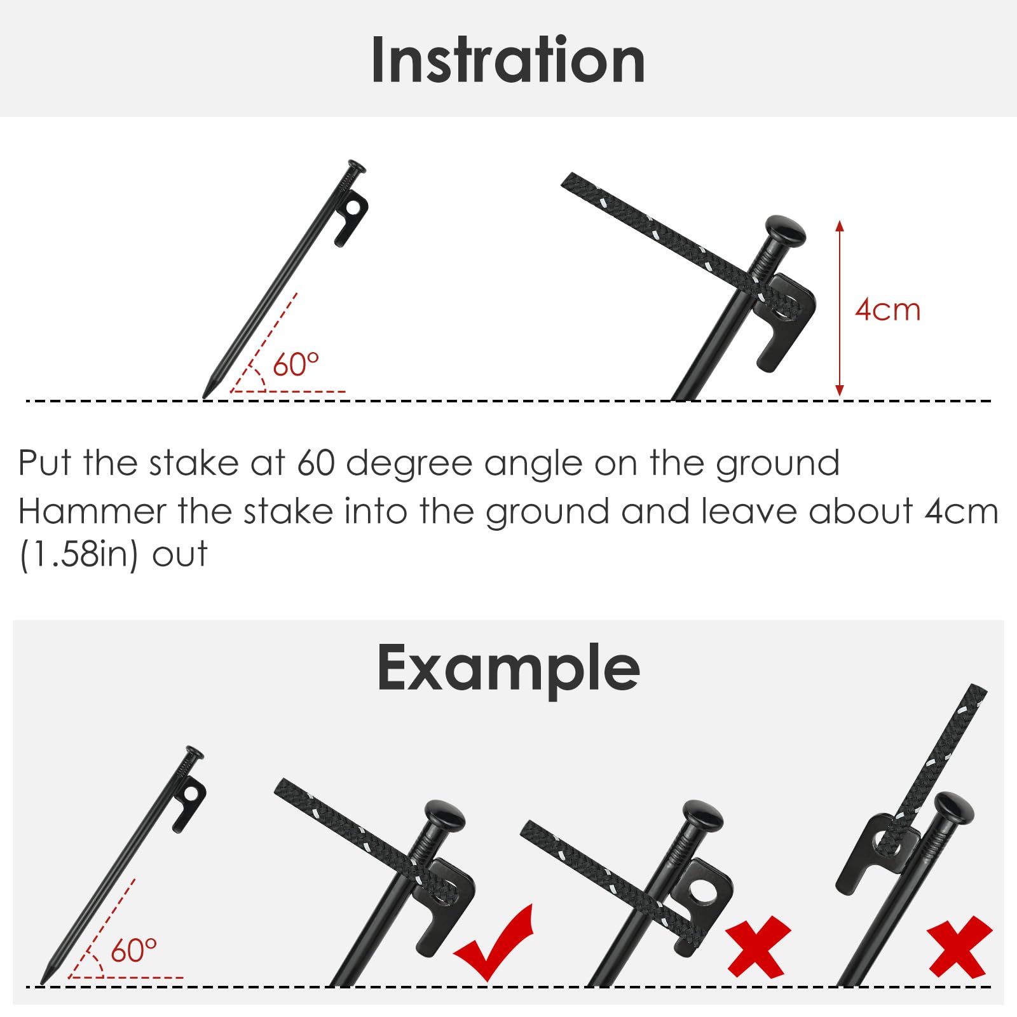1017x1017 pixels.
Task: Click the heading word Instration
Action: (508, 60)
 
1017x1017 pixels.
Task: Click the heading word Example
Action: (508, 669)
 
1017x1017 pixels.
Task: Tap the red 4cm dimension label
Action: (887, 310)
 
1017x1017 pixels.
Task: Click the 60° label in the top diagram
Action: (296, 365)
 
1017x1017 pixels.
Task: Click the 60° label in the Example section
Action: (133, 951)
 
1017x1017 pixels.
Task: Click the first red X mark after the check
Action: (758, 947)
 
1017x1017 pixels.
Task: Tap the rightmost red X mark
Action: (959, 947)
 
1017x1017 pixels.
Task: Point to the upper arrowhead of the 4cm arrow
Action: (840, 226)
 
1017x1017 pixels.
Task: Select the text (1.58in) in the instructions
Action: (79, 555)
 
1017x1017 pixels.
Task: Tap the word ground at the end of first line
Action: (777, 463)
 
